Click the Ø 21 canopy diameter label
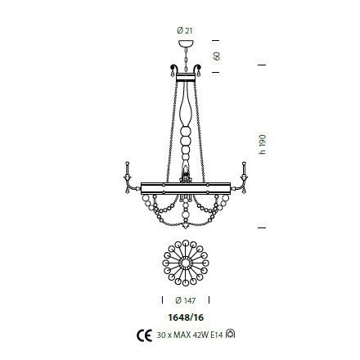184,30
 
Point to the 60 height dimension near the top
217,56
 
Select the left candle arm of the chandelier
128,176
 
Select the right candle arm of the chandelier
243,176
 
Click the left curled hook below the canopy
172,69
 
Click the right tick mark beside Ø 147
212,298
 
